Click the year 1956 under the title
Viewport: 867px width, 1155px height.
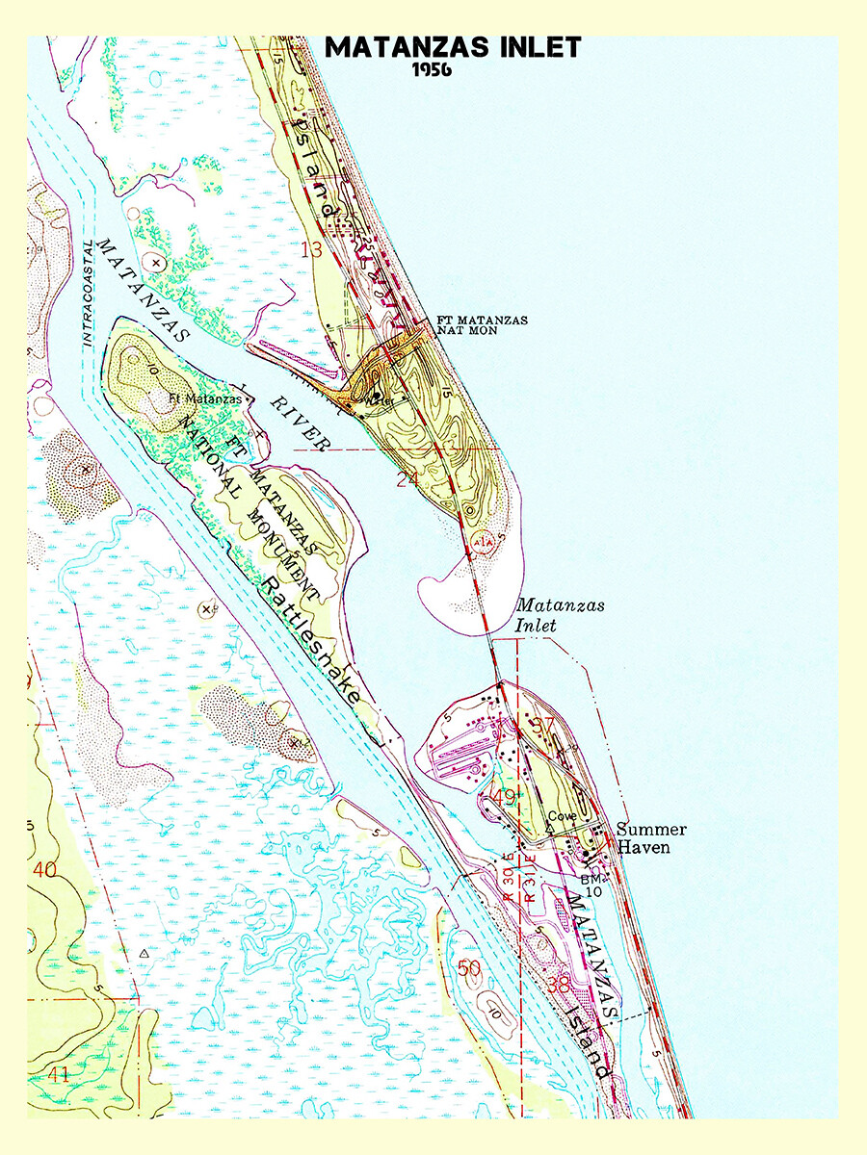[x=433, y=70]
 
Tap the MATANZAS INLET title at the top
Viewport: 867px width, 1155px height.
[x=453, y=47]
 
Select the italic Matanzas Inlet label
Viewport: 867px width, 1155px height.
[x=548, y=615]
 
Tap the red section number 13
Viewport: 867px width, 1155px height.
[x=310, y=251]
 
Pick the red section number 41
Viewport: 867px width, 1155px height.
[x=58, y=1074]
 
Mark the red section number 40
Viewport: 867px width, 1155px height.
[x=44, y=870]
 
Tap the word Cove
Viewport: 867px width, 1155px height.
[x=562, y=816]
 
